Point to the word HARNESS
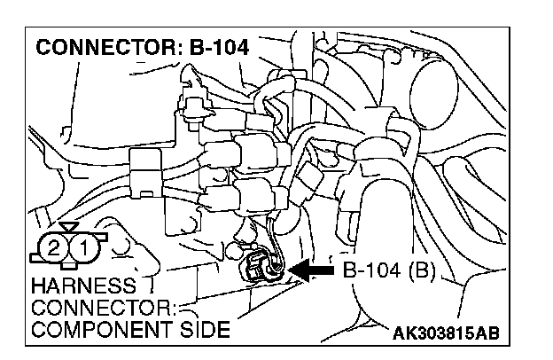point(72,286)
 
